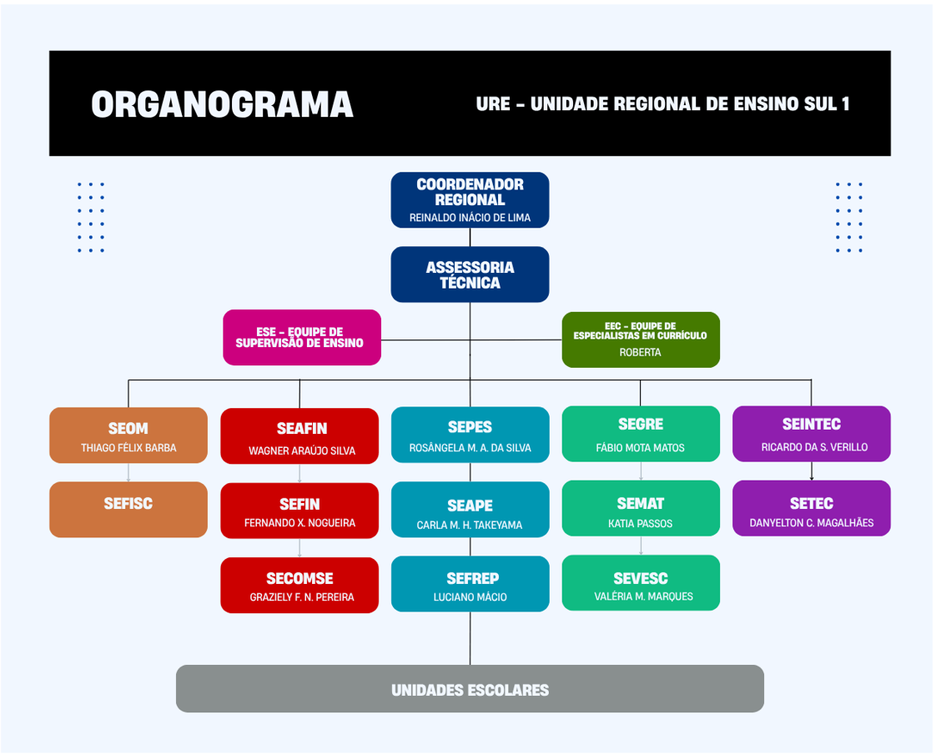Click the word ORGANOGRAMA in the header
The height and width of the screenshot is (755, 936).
click(222, 104)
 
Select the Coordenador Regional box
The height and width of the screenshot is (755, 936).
click(470, 200)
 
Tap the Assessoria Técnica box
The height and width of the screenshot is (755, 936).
click(470, 274)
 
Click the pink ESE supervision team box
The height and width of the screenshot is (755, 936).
click(302, 337)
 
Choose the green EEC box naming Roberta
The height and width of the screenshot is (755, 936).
click(641, 340)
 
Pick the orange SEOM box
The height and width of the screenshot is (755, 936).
click(128, 435)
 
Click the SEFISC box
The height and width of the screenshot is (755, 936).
click(128, 509)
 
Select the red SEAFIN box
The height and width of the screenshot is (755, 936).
click(299, 436)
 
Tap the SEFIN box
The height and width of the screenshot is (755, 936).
click(299, 511)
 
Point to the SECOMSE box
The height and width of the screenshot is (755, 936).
click(299, 585)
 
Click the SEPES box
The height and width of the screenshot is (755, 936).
click(471, 435)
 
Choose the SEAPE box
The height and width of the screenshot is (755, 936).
click(471, 509)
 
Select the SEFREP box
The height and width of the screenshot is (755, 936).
click(471, 584)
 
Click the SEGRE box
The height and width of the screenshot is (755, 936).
click(641, 433)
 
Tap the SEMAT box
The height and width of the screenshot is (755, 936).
click(641, 508)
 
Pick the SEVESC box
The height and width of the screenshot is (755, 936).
click(641, 582)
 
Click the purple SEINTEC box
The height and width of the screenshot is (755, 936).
click(811, 433)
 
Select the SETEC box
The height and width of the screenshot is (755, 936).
click(811, 508)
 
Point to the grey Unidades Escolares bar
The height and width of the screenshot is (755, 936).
click(470, 689)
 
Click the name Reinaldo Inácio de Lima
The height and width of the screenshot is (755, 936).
click(470, 218)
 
